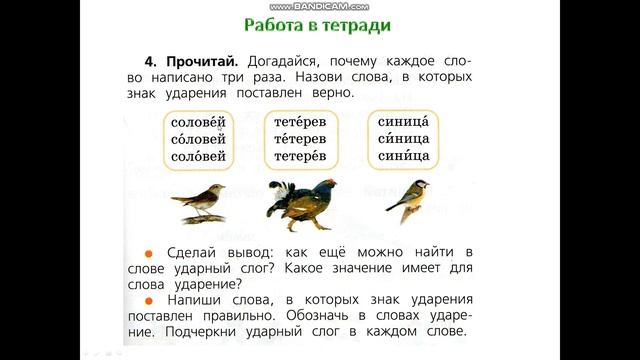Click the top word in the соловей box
point(200,121)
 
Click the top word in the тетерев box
point(304,121)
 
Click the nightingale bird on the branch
point(200,202)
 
